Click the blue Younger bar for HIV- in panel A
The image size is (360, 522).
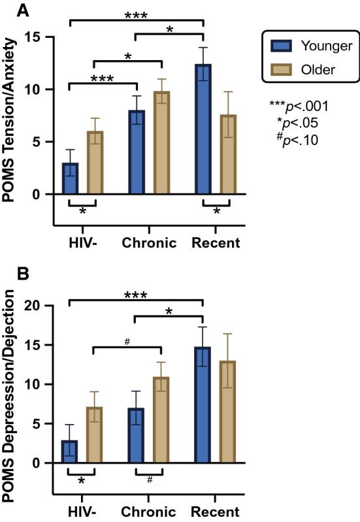[x=70, y=178]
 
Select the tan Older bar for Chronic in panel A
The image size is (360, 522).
[x=161, y=143]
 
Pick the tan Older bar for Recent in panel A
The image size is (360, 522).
[x=229, y=155]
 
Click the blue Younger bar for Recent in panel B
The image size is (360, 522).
[x=203, y=405]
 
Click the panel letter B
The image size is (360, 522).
[x=8, y=275]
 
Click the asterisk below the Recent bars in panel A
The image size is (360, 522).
[x=216, y=212]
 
